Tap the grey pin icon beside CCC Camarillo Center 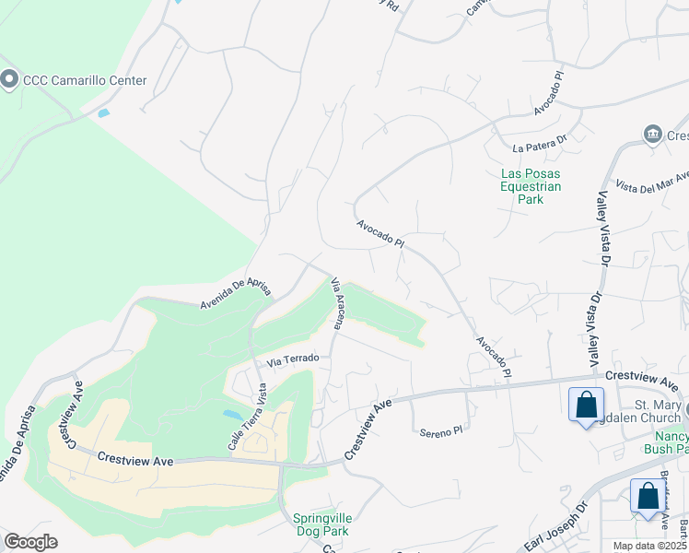[x=10, y=80]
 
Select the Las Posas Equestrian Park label [x=530, y=186]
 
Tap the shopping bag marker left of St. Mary [x=586, y=406]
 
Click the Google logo [x=30, y=542]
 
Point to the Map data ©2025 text [x=648, y=546]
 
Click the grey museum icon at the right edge [x=654, y=135]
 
